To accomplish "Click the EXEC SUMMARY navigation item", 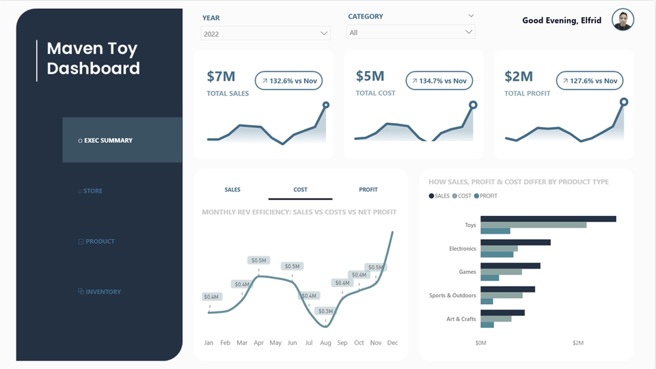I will pyautogui.click(x=108, y=140).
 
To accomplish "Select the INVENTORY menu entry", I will pyautogui.click(x=102, y=292).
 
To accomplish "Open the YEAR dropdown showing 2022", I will pyautogui.click(x=265, y=33).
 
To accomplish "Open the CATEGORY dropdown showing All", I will pyautogui.click(x=411, y=32).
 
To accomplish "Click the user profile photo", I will pyautogui.click(x=623, y=20).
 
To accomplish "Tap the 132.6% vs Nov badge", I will pyautogui.click(x=288, y=81).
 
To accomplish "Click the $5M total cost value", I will pyautogui.click(x=370, y=76).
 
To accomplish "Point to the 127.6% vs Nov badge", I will pyautogui.click(x=589, y=81).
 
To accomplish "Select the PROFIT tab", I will pyautogui.click(x=368, y=190).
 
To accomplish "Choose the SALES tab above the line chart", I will pyautogui.click(x=232, y=190).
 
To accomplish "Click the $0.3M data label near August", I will pyautogui.click(x=325, y=311).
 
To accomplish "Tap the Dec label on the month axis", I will pyautogui.click(x=392, y=342).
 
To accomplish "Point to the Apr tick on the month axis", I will pyautogui.click(x=259, y=342).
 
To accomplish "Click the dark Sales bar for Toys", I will pyautogui.click(x=548, y=219).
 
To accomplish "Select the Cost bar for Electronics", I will pyautogui.click(x=499, y=248).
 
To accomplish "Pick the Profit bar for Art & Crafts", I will pyautogui.click(x=487, y=325).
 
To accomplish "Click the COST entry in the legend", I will pyautogui.click(x=461, y=196).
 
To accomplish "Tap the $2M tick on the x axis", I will pyautogui.click(x=578, y=342).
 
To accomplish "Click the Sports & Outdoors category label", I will pyautogui.click(x=452, y=295).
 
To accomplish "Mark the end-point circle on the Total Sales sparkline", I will pyautogui.click(x=326, y=105).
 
